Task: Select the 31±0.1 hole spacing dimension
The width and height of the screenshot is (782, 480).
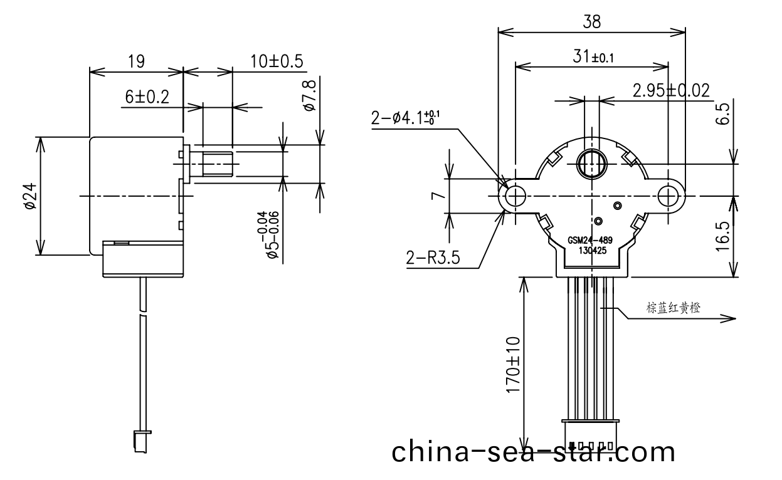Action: pos(593,57)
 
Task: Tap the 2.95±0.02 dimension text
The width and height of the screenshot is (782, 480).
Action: pos(671,91)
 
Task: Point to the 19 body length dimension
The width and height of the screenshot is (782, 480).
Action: pos(136,61)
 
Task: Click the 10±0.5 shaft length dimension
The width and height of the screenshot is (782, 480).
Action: pos(277,61)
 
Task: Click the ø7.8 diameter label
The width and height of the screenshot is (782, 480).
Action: pos(309,97)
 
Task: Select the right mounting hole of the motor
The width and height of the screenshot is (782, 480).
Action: pos(668,196)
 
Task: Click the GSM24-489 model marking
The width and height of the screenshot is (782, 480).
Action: pos(590,239)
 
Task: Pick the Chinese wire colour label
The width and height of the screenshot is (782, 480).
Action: pos(673,308)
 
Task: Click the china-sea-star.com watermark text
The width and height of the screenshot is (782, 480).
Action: pos(534,452)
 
